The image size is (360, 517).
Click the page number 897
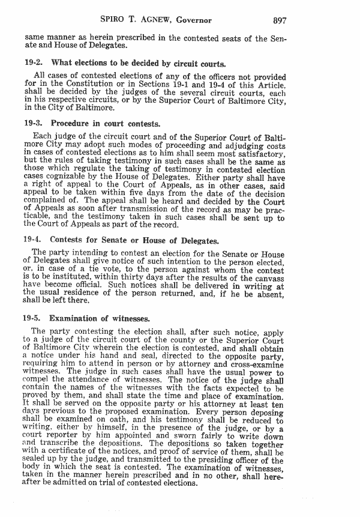coord(280,20)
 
